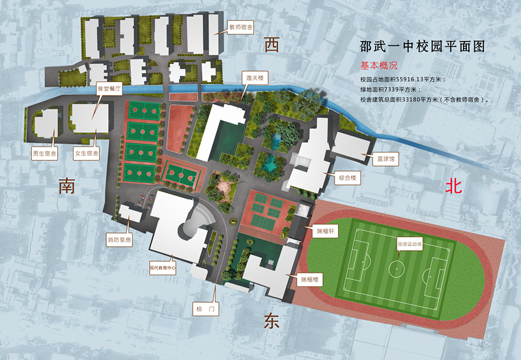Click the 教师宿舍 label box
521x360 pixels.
click(240, 28)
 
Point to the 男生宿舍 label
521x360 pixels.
click(44, 154)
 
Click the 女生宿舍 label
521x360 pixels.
click(86, 154)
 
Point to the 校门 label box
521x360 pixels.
click(204, 309)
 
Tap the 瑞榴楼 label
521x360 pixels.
click(309, 280)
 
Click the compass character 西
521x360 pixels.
click(272, 45)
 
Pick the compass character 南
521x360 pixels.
click(67, 186)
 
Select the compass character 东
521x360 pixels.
click(271, 322)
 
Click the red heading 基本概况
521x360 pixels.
click(378, 66)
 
